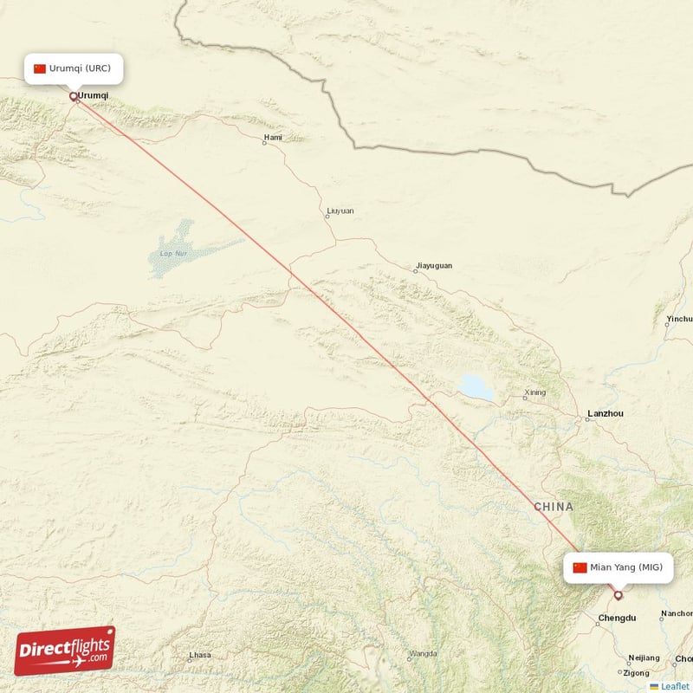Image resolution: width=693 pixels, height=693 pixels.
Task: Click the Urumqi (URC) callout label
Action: (73, 68)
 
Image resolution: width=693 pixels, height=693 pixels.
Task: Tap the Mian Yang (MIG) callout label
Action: (617, 567)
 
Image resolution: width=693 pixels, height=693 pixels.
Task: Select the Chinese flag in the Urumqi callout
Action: (40, 68)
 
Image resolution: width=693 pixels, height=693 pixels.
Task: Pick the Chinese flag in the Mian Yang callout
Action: (580, 567)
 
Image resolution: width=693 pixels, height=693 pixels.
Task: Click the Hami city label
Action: (273, 137)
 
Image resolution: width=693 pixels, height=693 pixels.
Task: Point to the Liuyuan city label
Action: (340, 210)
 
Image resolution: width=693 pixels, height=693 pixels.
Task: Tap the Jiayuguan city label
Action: (433, 265)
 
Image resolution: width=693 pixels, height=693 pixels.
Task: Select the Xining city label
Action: (535, 392)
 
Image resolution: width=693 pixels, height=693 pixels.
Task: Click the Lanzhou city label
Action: (605, 413)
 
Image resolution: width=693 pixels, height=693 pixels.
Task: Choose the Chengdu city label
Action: (617, 618)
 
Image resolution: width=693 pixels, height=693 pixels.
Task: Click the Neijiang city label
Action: (644, 657)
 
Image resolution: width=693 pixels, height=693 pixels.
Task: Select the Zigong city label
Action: (636, 672)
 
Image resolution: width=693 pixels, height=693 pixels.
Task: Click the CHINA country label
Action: (554, 506)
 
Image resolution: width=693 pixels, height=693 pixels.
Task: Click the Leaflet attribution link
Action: (675, 686)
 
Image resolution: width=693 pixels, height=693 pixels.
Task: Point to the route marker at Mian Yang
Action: (618, 595)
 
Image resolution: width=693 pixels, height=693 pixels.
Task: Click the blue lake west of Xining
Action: (476, 388)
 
